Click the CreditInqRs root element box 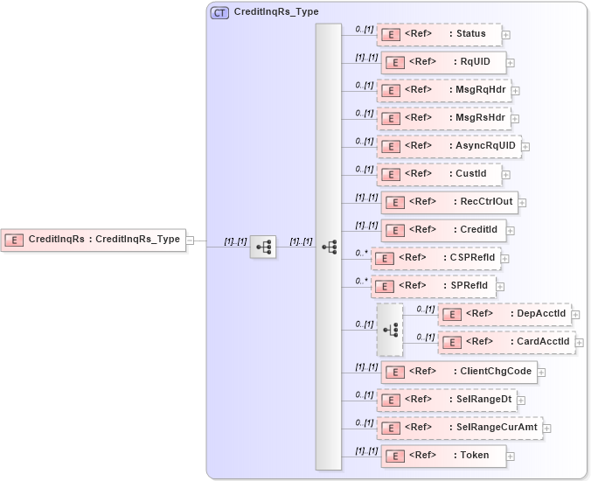click(x=94, y=239)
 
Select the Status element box click(x=439, y=34)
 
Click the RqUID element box click(x=443, y=62)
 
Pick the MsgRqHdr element click(x=443, y=90)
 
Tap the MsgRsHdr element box click(x=443, y=118)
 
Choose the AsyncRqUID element click(x=448, y=146)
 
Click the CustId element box click(x=439, y=174)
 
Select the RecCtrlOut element click(x=448, y=202)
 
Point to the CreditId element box click(x=443, y=230)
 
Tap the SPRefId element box click(x=434, y=286)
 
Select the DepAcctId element click(x=504, y=314)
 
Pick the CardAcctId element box click(x=506, y=342)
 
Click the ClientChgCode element click(x=458, y=371)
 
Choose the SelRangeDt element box click(x=446, y=400)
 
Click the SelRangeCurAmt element click(x=460, y=428)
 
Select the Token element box click(x=443, y=456)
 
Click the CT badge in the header click(x=219, y=12)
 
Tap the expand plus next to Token click(x=511, y=457)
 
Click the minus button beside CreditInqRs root click(x=191, y=240)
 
